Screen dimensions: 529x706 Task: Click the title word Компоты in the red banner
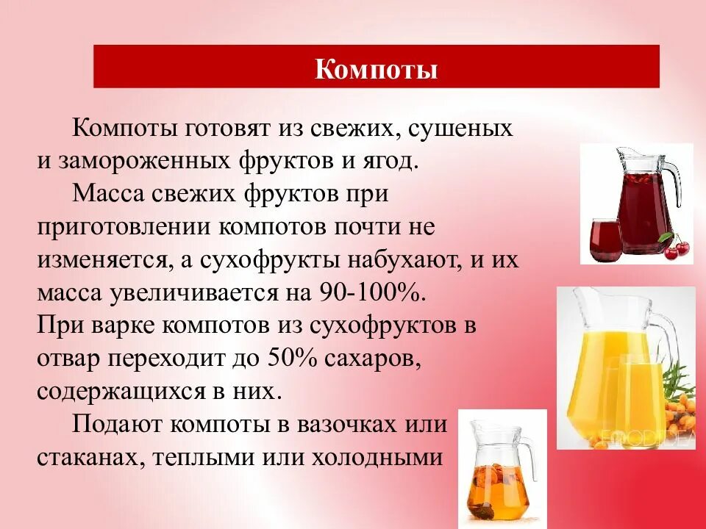pos(376,70)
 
